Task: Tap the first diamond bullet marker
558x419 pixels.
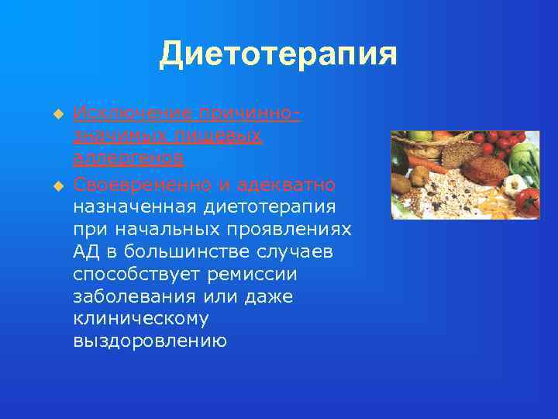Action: [x=56, y=114]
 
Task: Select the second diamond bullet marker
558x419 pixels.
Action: [x=56, y=185]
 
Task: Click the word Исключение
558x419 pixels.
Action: [x=133, y=113]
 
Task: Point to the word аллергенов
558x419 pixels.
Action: [x=129, y=158]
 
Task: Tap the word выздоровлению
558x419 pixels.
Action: [x=150, y=341]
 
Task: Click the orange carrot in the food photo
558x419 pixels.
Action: [x=425, y=163]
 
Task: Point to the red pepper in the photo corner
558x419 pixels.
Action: [x=528, y=201]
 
